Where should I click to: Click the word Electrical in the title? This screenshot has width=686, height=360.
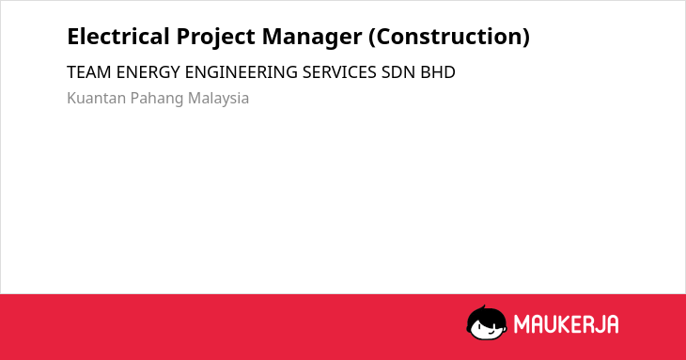118,37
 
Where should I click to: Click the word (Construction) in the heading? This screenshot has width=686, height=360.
449,38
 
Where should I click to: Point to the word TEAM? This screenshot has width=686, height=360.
89,72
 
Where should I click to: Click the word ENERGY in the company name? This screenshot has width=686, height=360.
148,72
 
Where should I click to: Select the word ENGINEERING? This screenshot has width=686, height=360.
242,72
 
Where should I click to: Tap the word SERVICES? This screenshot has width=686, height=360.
339,72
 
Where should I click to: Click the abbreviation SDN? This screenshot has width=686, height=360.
398,72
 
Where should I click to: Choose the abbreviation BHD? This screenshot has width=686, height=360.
438,72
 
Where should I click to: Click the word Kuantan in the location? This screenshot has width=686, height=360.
96,98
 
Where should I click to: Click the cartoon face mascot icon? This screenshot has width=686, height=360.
487,323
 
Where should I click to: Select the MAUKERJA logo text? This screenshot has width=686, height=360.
566,324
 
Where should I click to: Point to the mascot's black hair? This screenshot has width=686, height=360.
486,314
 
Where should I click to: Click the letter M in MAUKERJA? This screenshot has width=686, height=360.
522,324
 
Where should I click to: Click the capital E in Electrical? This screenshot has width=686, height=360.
74,37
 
